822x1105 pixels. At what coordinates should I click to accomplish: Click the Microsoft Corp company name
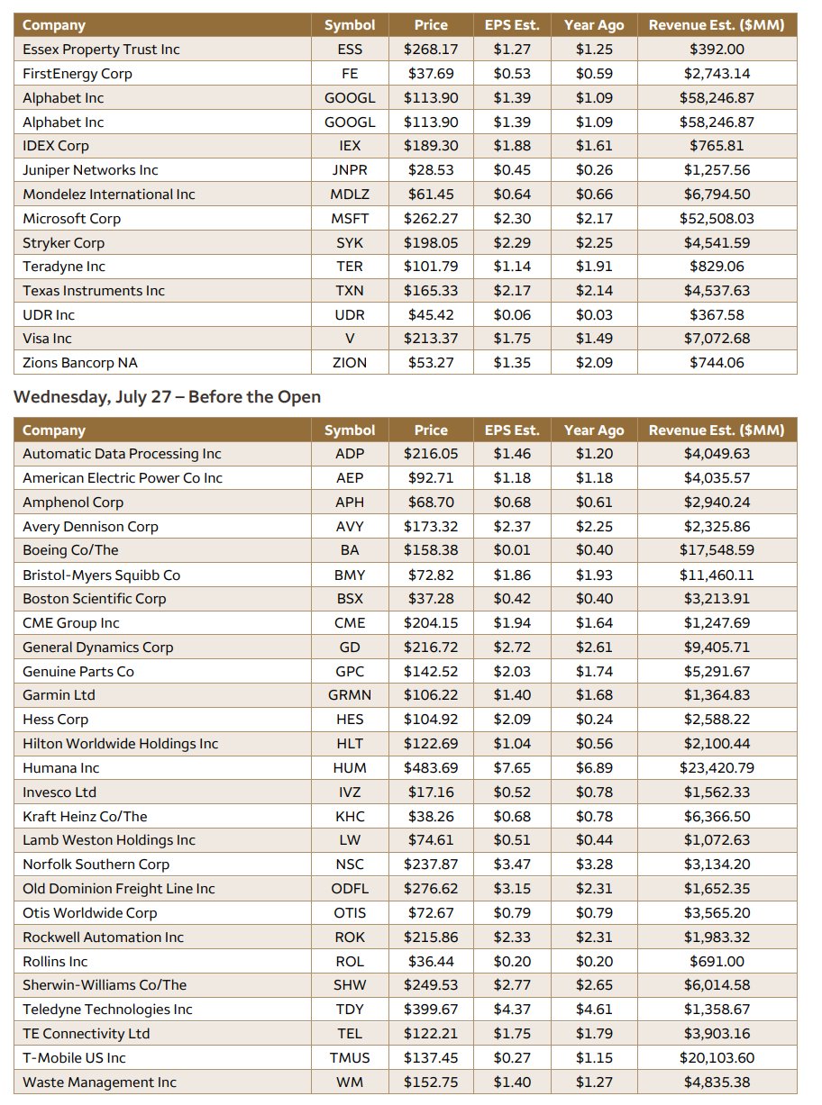(x=71, y=219)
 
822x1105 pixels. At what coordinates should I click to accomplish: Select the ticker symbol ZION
(x=350, y=363)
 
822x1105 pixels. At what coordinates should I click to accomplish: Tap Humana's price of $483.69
(x=431, y=767)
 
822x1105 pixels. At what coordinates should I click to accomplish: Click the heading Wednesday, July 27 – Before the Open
(x=167, y=397)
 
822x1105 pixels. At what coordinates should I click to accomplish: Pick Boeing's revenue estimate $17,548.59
(x=717, y=550)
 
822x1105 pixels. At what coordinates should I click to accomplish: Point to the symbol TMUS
(x=350, y=1057)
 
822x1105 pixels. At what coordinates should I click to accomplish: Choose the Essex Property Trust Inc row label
(x=101, y=50)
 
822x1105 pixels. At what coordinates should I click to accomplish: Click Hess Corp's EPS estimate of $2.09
(x=512, y=720)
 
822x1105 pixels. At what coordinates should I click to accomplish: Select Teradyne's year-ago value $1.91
(x=594, y=267)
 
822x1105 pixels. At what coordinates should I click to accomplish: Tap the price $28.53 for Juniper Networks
(x=431, y=170)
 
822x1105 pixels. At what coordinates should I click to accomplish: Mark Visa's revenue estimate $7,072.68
(x=717, y=339)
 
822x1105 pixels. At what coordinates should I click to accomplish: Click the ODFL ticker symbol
(x=350, y=889)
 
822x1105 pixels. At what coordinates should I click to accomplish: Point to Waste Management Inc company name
(x=99, y=1082)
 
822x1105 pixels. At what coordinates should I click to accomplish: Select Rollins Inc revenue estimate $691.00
(x=717, y=962)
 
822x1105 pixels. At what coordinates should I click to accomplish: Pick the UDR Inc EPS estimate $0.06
(x=512, y=315)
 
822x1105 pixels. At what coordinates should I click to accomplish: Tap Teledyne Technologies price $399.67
(x=431, y=1010)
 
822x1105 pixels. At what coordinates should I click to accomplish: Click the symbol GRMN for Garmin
(x=350, y=695)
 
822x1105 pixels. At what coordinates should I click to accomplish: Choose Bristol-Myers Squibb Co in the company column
(x=101, y=575)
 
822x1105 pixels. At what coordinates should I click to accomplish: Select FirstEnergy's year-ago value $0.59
(x=594, y=74)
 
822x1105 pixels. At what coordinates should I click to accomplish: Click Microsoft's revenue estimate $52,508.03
(x=717, y=219)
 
